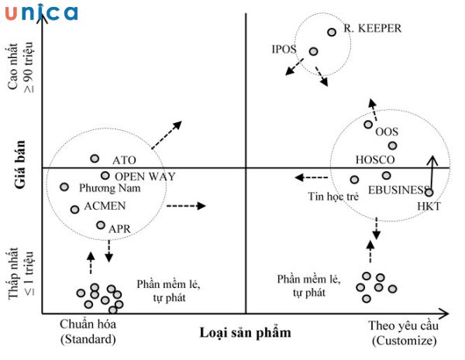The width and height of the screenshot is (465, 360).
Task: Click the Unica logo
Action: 40,12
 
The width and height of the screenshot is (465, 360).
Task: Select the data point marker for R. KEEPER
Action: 332,32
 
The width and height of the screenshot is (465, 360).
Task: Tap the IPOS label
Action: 284,50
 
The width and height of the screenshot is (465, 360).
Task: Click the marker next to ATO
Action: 95,159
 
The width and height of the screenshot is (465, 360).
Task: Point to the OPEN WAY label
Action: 145,176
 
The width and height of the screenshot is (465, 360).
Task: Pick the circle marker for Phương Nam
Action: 64,187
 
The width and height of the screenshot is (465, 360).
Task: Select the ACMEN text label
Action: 105,207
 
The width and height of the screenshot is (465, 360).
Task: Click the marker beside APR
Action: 101,225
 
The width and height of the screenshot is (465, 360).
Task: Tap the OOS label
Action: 386,132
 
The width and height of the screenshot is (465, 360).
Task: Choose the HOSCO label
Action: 375,160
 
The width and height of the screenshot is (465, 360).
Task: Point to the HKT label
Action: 429,207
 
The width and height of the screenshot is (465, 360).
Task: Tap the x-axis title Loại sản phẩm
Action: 245,333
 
